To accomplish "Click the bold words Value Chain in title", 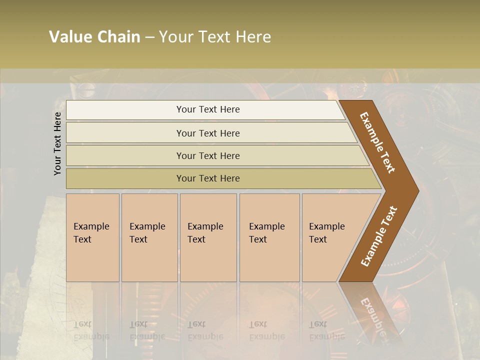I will point(94,37).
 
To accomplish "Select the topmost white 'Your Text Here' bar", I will point(208,109).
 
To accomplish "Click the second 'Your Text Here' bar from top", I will point(208,133).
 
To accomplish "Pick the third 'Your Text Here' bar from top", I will point(208,155).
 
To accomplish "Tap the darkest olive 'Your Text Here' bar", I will point(208,178).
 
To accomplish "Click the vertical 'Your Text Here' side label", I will point(57,144).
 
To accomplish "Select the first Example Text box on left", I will point(92,237).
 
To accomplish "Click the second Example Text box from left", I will point(149,237).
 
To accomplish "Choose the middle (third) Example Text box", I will point(207,237).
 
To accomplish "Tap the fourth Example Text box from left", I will point(269,237).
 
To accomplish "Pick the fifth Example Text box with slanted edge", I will point(330,237).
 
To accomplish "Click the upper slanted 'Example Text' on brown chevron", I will point(377,142).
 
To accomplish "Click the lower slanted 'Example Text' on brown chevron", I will point(378,236).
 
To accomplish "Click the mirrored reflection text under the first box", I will point(91,330).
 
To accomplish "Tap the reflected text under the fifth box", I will point(326,330).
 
